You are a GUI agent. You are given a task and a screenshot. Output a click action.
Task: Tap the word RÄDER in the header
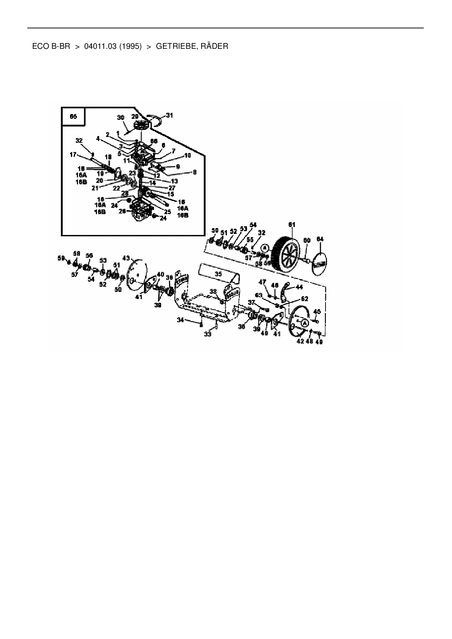(215, 47)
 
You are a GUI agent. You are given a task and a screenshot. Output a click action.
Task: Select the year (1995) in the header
(130, 47)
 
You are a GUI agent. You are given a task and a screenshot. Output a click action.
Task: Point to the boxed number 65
(73, 116)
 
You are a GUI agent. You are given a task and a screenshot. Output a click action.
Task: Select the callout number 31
(169, 115)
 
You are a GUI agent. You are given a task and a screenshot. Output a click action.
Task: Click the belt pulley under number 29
(140, 126)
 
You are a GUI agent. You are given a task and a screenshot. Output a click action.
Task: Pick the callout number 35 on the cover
(218, 274)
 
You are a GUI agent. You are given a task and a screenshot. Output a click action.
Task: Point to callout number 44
(299, 287)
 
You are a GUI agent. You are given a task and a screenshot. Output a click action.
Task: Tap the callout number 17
(73, 154)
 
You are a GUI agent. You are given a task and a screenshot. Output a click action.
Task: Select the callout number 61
(292, 225)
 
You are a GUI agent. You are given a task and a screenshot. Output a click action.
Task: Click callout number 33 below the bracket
(207, 334)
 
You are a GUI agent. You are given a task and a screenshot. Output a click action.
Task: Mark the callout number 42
(300, 341)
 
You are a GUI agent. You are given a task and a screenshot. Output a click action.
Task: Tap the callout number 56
(89, 255)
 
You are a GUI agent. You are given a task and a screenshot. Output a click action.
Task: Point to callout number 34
(180, 320)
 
